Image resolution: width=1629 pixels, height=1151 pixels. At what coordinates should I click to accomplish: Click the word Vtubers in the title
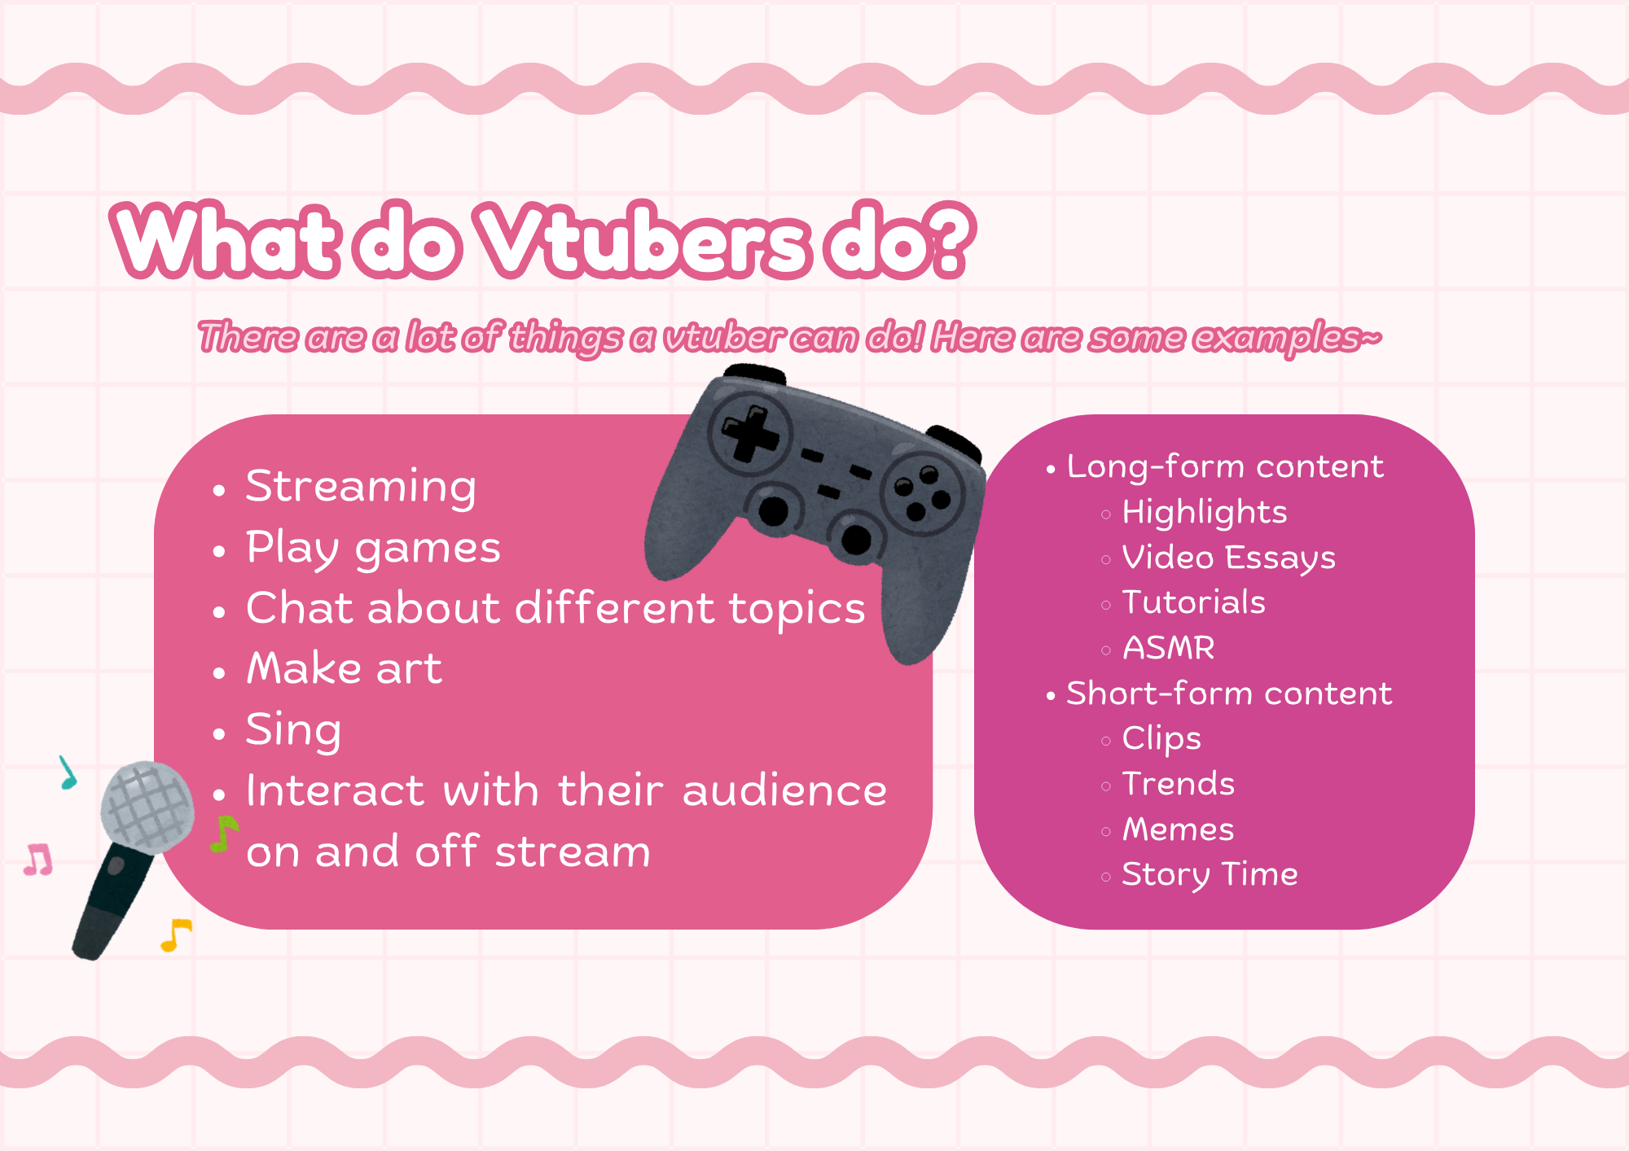[x=643, y=240]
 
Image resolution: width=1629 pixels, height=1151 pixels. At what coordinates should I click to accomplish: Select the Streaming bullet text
[x=361, y=488]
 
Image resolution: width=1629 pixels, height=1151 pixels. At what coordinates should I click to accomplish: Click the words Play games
[x=373, y=548]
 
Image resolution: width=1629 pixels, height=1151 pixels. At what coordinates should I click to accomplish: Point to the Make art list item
[x=345, y=668]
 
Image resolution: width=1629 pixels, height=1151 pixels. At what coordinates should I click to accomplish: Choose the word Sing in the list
[x=293, y=729]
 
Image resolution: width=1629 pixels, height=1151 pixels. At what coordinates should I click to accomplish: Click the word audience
[x=784, y=790]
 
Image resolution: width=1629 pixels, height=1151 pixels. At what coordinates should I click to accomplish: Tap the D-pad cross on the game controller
[x=750, y=432]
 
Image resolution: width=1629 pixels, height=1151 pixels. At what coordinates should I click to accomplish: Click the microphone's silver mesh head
[x=147, y=807]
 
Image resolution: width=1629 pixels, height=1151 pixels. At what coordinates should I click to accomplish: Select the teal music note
[x=68, y=772]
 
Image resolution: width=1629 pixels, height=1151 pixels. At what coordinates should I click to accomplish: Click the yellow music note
[x=176, y=934]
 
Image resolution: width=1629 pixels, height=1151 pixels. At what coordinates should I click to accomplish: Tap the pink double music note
[x=38, y=860]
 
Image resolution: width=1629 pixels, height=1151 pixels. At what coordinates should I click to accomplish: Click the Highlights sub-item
[x=1204, y=513]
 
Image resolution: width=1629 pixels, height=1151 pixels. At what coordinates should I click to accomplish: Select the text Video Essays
[x=1228, y=558]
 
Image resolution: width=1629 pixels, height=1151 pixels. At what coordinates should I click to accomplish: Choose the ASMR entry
[x=1168, y=648]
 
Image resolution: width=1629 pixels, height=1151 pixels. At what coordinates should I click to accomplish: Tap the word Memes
[x=1178, y=829]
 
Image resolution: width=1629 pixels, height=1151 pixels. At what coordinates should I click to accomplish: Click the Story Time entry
[x=1210, y=875]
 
